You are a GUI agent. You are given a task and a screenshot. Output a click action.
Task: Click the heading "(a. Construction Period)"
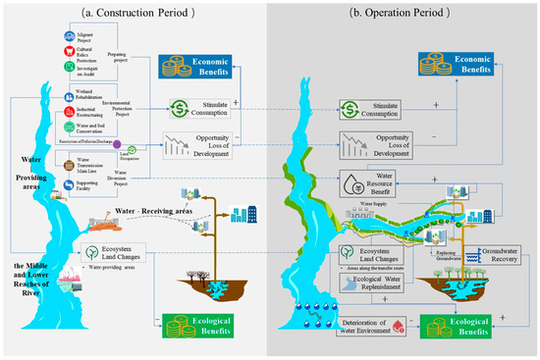(142, 11)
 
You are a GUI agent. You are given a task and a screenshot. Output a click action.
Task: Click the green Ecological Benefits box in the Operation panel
(455, 323)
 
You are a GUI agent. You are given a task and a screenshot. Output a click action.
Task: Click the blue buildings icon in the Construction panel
(241, 214)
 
